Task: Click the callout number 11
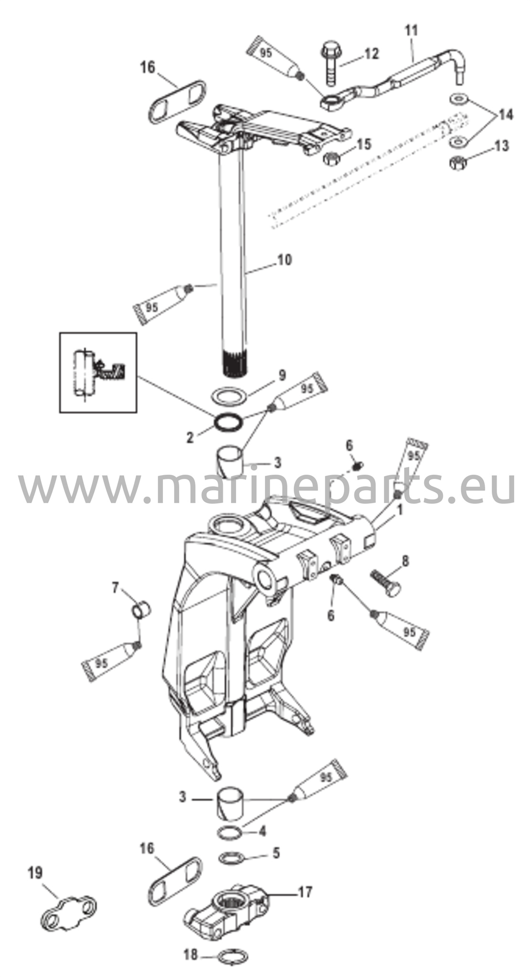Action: [411, 31]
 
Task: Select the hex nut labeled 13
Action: [458, 162]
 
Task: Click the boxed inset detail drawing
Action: [98, 373]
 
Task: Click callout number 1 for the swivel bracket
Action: [400, 510]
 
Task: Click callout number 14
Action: [505, 115]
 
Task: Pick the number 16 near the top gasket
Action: [148, 68]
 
